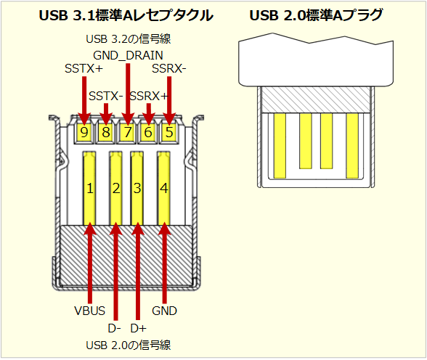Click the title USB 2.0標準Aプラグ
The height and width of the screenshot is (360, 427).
point(316,15)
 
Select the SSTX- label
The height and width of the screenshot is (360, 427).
point(106,96)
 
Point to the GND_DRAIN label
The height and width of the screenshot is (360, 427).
point(128,54)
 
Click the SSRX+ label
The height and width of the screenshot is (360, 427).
point(149,96)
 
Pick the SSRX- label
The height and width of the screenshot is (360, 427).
point(169,69)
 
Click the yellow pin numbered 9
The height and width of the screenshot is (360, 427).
point(85,132)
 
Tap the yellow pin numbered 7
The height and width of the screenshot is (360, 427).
point(128,132)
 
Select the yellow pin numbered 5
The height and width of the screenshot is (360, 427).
point(170,132)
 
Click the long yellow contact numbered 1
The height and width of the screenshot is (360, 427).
point(90,188)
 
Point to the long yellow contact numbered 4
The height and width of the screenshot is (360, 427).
point(164,188)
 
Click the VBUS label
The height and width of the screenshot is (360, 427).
point(90,311)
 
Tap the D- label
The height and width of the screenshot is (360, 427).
point(115,327)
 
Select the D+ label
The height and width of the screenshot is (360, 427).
point(138,327)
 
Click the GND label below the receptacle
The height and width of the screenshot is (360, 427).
point(165,311)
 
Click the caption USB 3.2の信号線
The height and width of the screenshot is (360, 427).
point(128,38)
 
